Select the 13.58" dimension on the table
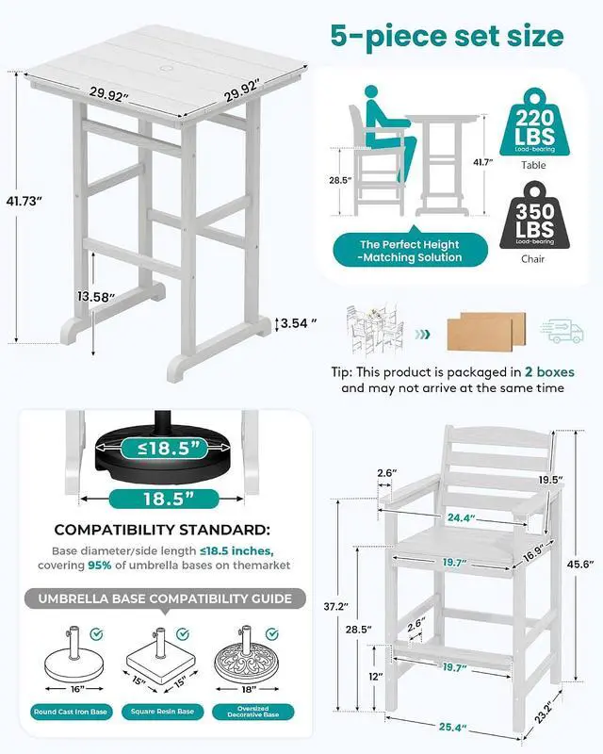point(96,297)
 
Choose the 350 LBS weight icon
point(534,216)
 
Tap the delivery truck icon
point(562,331)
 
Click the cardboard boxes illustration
point(486,331)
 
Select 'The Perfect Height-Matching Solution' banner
point(410,251)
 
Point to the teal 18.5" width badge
point(164,499)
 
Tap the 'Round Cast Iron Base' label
point(71,712)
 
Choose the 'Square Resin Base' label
point(162,712)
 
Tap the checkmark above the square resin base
point(182,633)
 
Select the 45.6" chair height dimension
point(580,564)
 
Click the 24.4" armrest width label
point(461,517)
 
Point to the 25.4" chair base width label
point(452,727)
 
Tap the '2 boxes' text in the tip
point(549,371)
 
